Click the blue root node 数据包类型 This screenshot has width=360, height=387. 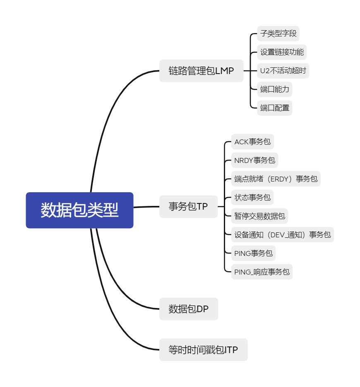coord(79,210)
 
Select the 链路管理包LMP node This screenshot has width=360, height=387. coord(201,71)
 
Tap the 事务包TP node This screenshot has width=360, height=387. coord(188,206)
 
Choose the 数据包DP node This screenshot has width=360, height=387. coord(188,309)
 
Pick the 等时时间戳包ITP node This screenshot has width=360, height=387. coord(203,350)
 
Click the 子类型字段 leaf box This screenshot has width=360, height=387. coord(278,33)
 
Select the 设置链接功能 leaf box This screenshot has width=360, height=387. coord(282,52)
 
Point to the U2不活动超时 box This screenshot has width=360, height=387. coord(283,71)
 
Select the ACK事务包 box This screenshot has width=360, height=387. coord(252,142)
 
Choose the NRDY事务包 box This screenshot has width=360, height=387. coord(254,160)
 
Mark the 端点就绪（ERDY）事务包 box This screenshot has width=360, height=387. coord(276,179)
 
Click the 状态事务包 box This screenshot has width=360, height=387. coord(252,197)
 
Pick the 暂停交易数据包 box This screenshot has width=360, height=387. coord(259,216)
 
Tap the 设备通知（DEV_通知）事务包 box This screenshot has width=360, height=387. coord(282,234)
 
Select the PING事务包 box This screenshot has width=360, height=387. coord(253,253)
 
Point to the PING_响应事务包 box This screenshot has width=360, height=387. coord(262,272)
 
